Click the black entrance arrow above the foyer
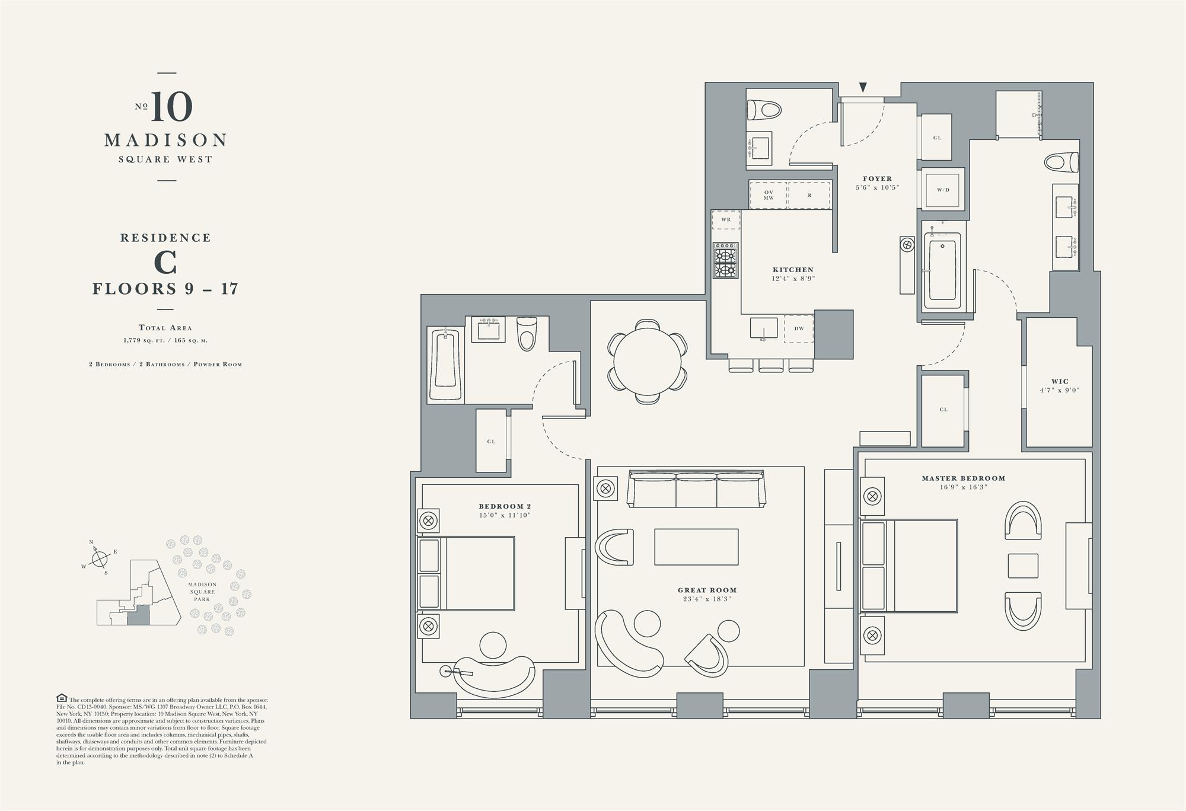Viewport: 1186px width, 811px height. (x=863, y=88)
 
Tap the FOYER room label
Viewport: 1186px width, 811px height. (x=877, y=178)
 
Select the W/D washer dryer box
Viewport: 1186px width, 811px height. (x=943, y=190)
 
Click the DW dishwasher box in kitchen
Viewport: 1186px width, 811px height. (x=799, y=328)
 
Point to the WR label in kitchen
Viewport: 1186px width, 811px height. (x=726, y=219)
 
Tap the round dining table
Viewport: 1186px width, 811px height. (x=648, y=362)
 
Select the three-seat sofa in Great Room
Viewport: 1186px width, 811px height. (x=696, y=489)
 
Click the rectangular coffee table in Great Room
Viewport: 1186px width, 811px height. (x=696, y=547)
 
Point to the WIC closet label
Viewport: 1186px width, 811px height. (x=1060, y=382)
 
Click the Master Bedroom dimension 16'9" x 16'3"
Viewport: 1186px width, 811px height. (x=963, y=487)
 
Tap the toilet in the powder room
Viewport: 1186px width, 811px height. (x=764, y=110)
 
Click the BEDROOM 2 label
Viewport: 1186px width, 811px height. (x=505, y=506)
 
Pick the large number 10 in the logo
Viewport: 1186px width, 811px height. (x=171, y=107)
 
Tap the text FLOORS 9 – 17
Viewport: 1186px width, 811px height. (x=165, y=289)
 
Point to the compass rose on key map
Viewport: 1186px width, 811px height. (x=100, y=558)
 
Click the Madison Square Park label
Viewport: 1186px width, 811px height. (x=202, y=592)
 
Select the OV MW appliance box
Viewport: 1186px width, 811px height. (x=769, y=195)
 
